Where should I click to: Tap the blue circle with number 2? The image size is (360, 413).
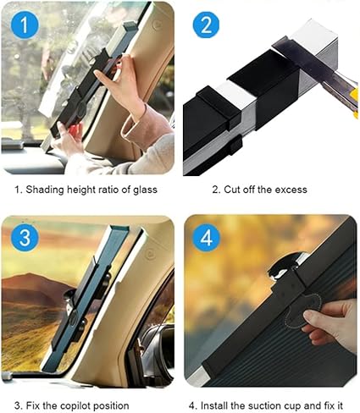pos(206,25)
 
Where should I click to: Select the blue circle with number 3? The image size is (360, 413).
pos(26,238)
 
